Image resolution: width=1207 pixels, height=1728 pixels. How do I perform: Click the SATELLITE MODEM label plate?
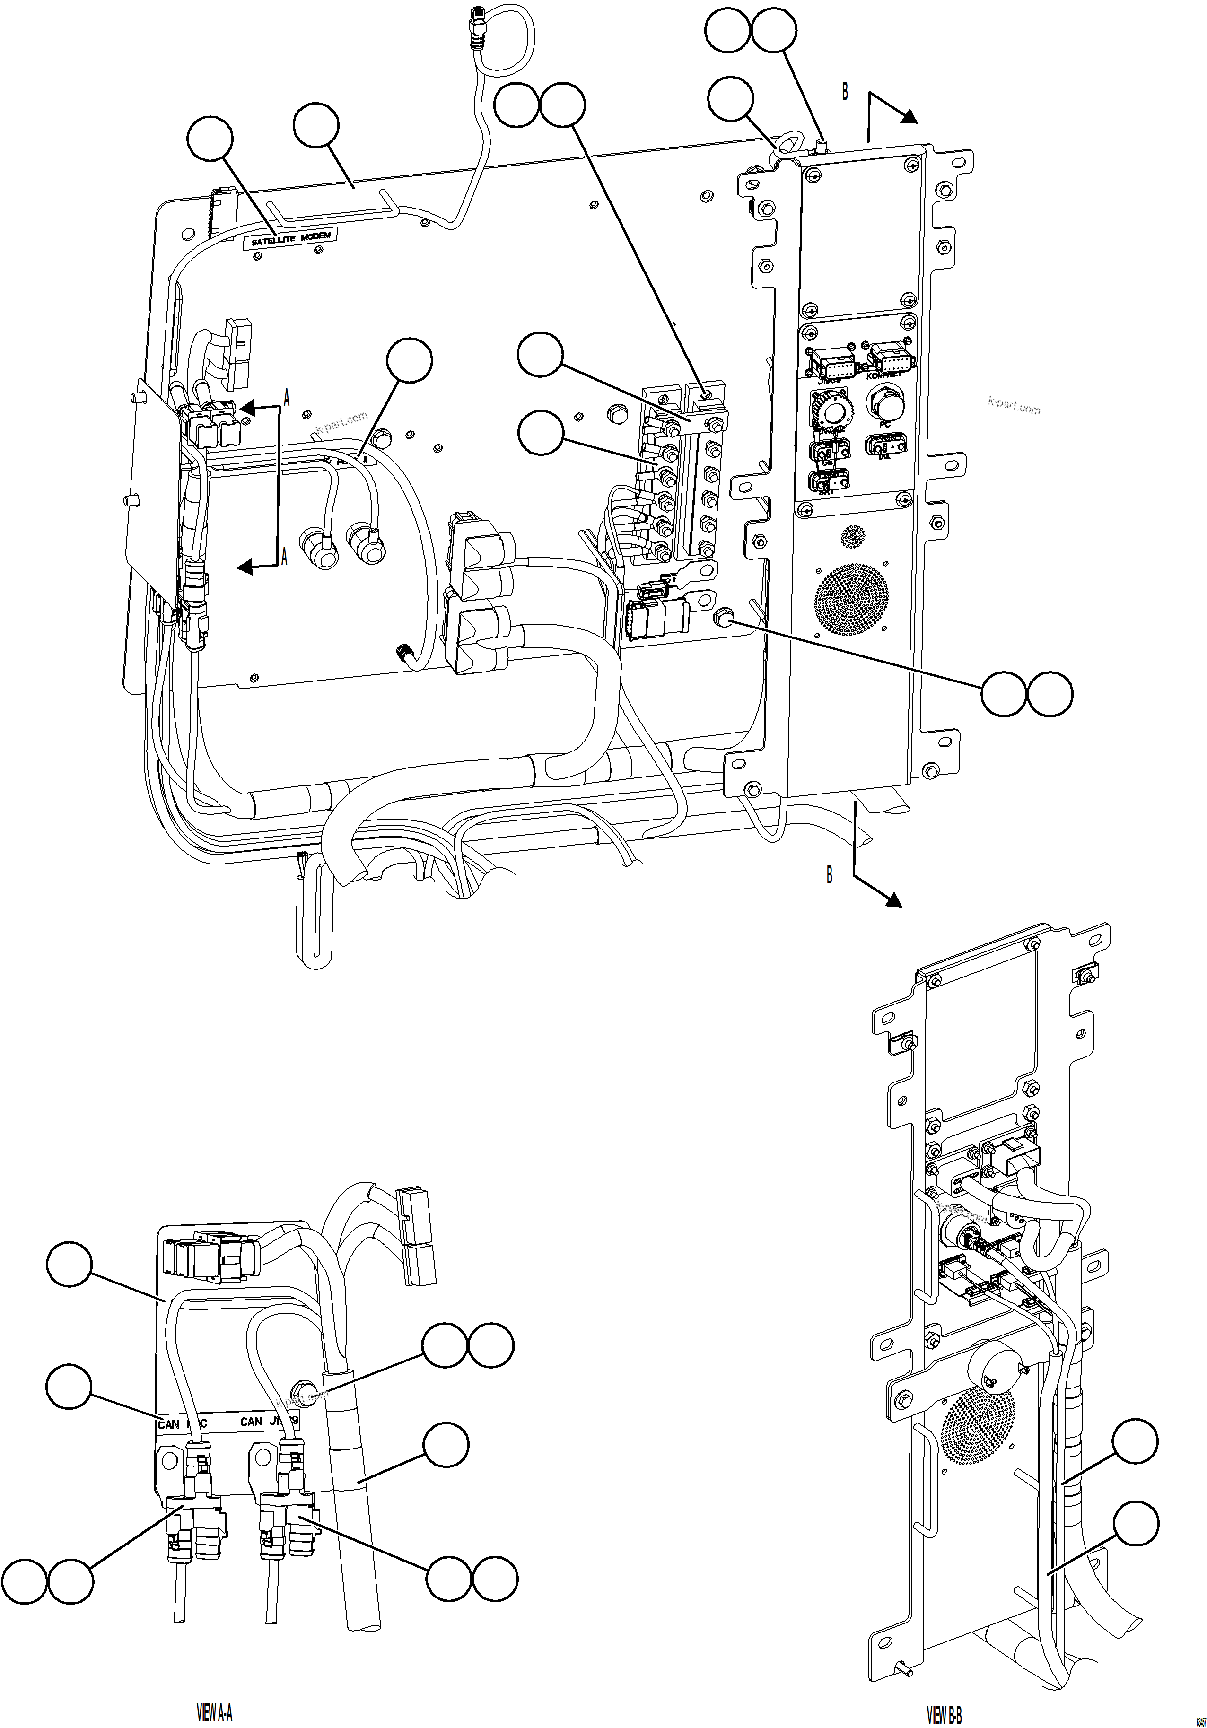coord(290,238)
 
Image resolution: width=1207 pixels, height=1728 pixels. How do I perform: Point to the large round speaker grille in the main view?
coord(851,598)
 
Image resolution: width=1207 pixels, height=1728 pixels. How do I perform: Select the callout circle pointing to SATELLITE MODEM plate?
coord(210,139)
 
